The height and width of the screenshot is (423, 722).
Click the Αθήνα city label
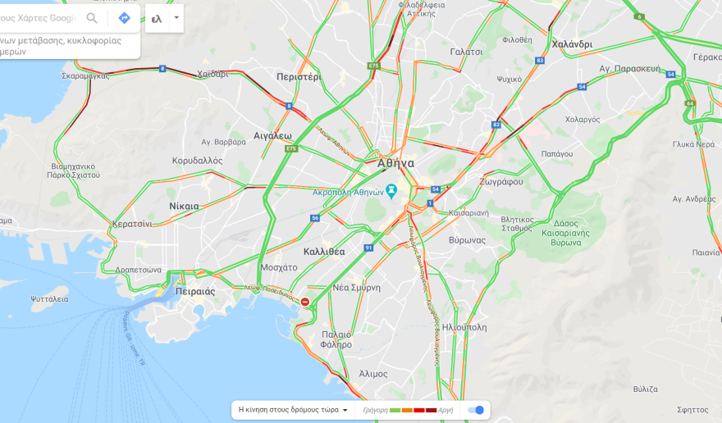[x=395, y=163]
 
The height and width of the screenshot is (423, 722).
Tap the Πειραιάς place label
[x=195, y=291]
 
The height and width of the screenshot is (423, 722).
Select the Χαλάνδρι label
[x=572, y=44]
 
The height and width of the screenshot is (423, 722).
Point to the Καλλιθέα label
[x=324, y=252]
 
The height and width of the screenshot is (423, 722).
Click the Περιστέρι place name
[x=298, y=76]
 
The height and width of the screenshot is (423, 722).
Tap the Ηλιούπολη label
[x=464, y=327]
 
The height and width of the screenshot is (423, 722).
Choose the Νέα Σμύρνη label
[x=356, y=288]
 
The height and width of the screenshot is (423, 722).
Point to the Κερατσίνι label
[x=132, y=223]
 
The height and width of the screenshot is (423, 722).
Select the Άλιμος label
[x=373, y=374]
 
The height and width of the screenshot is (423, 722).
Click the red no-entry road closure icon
[x=305, y=302]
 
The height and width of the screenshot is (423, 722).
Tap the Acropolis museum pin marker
[x=391, y=191]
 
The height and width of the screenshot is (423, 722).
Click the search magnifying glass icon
[x=92, y=18]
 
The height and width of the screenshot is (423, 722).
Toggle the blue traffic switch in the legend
[x=476, y=410]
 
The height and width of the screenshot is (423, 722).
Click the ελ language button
[x=157, y=18]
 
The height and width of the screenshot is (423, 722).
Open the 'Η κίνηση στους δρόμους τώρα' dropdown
[x=293, y=410]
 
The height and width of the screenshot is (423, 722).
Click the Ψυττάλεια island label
[x=49, y=299]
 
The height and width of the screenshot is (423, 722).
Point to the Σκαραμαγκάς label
[x=85, y=75]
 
